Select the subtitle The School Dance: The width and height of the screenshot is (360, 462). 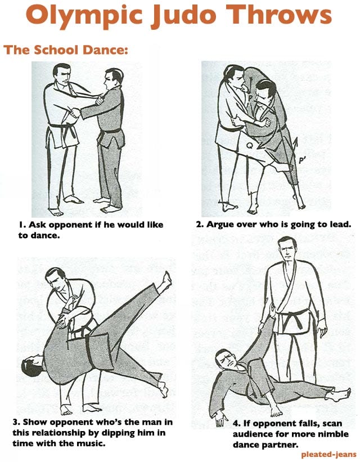click(66, 50)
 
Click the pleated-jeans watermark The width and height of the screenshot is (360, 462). click(325, 453)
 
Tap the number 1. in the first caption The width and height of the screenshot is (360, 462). click(21, 225)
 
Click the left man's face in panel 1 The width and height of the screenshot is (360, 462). click(63, 76)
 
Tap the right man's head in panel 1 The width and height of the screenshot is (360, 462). click(112, 79)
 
